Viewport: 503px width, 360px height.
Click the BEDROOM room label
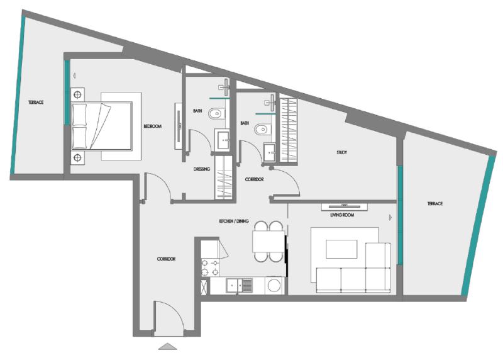coord(152,127)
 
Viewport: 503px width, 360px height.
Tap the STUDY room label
coord(341,152)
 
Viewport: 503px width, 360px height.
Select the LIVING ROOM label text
coord(343,215)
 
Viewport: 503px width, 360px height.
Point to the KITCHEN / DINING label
coord(234,222)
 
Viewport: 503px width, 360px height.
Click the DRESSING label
coord(201,169)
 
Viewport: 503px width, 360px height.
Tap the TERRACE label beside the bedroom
coord(35,102)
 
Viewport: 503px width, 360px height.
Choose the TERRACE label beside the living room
coord(434,204)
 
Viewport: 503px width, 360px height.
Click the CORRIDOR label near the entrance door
coord(165,259)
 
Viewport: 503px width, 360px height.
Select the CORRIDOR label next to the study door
coord(253,179)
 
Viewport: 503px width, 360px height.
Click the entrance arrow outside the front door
coord(167,346)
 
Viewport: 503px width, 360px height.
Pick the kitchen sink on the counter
coord(240,286)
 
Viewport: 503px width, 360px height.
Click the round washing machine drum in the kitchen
coord(274,286)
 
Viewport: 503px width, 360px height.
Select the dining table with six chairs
coord(268,241)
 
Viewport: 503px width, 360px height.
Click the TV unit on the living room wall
coord(344,206)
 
